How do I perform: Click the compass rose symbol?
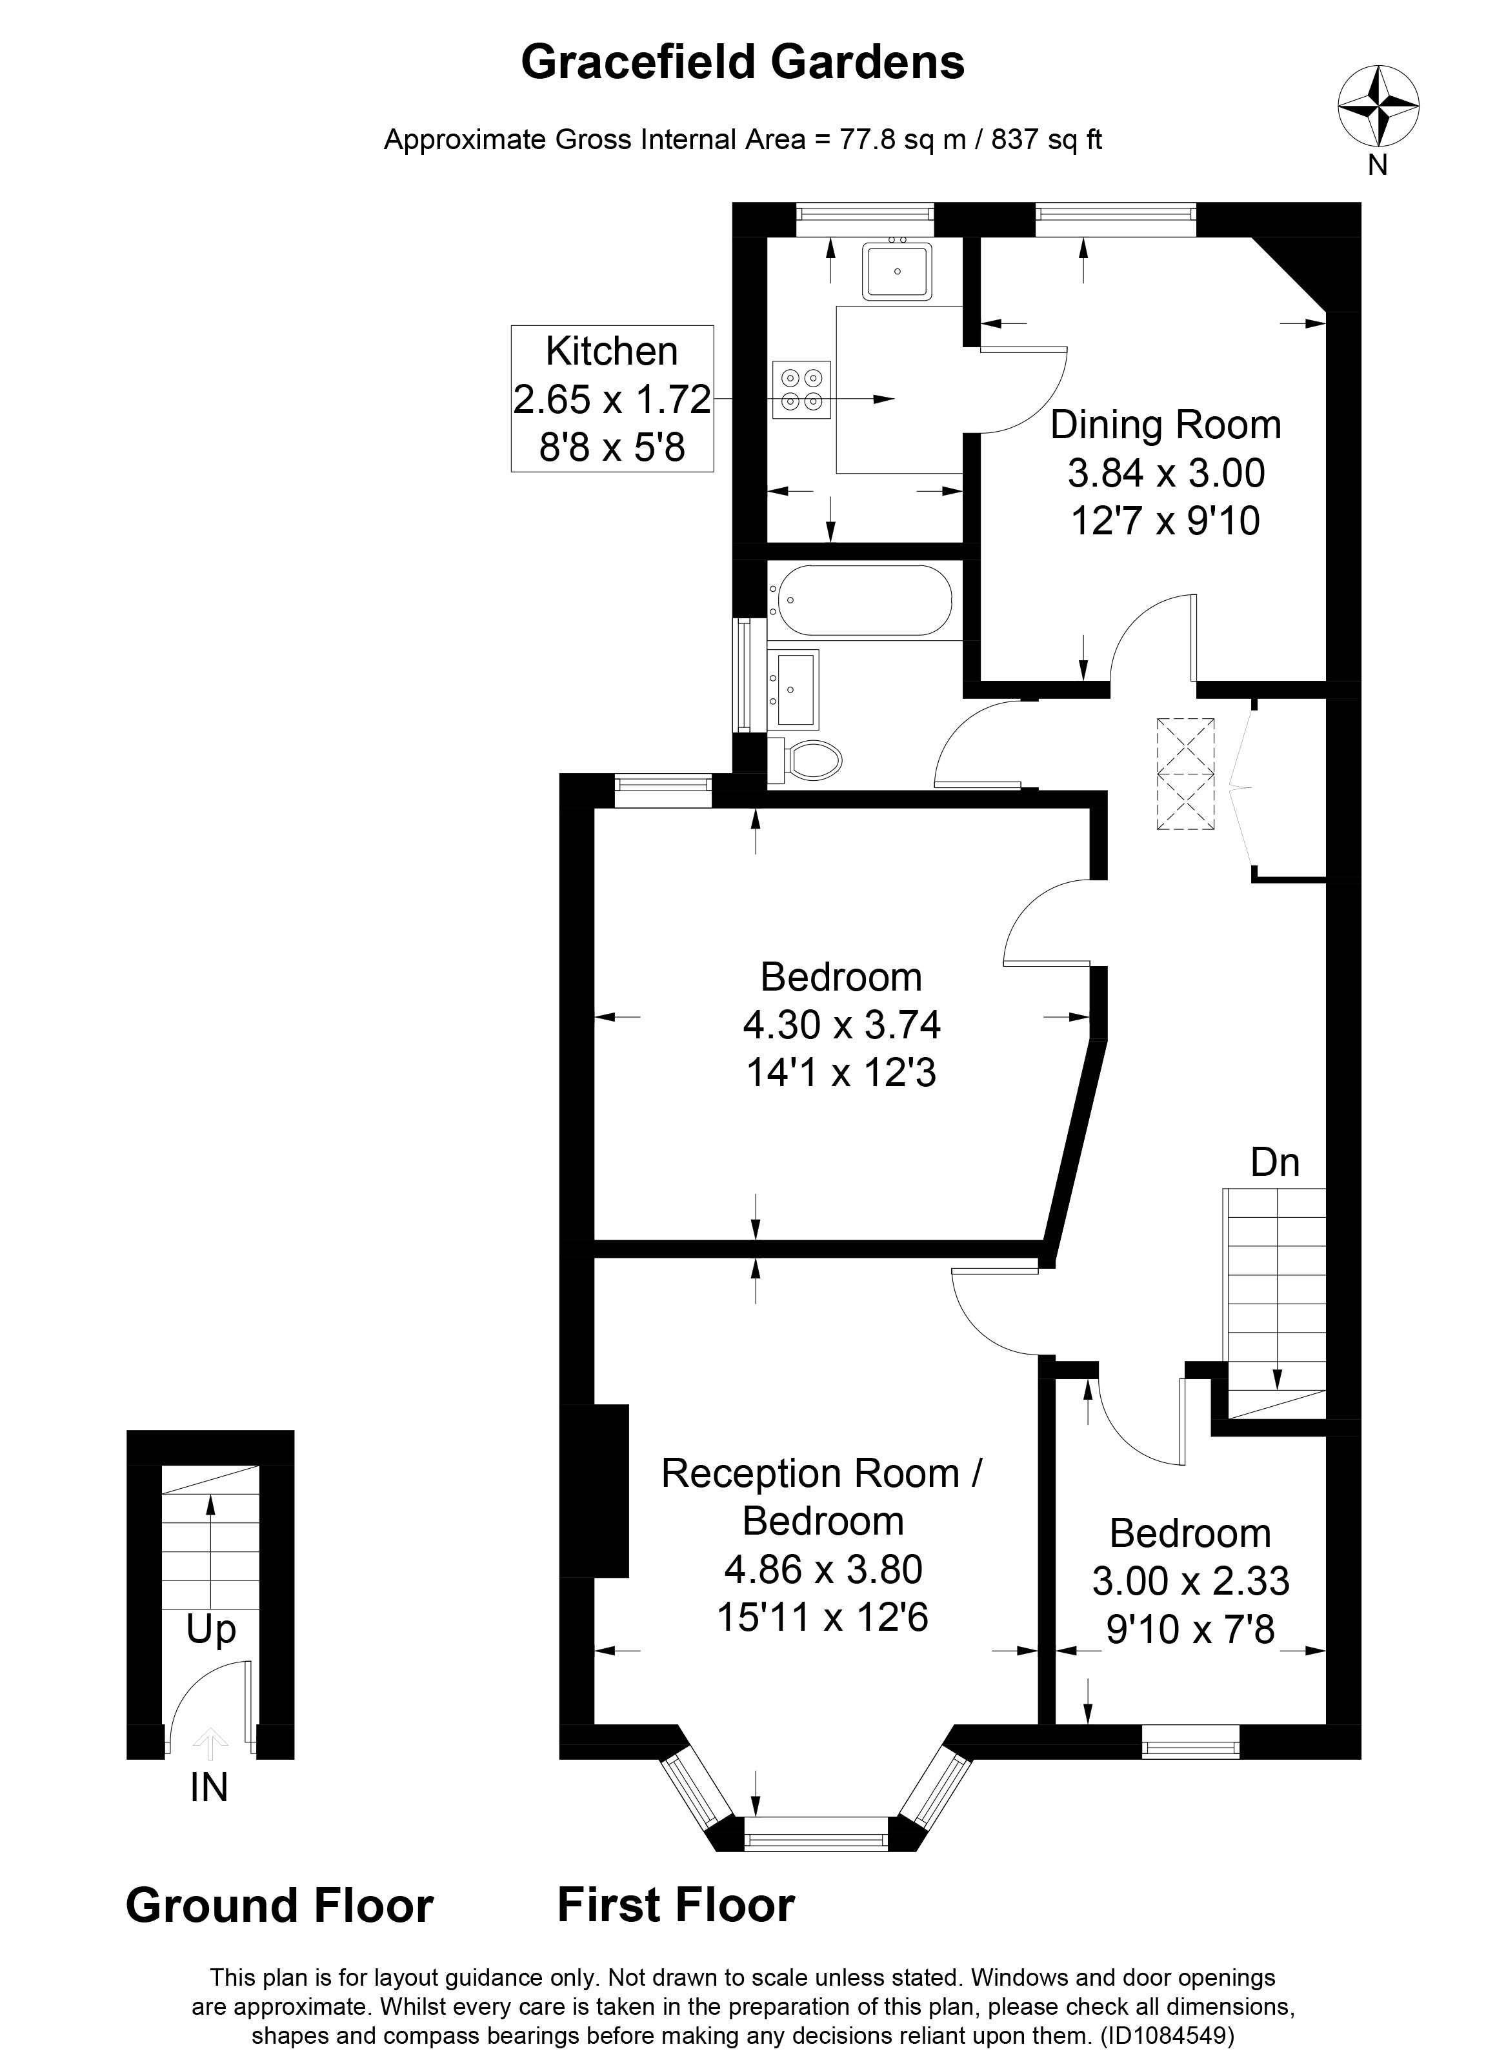coord(1378,106)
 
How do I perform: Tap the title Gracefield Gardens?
coord(742,63)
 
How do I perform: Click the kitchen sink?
coord(896,270)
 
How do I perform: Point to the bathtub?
coord(860,600)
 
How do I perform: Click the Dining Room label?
coord(1165,425)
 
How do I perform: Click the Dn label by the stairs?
coord(1274,1162)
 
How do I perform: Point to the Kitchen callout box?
coord(612,398)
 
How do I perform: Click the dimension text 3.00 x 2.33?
coord(1190,1580)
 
